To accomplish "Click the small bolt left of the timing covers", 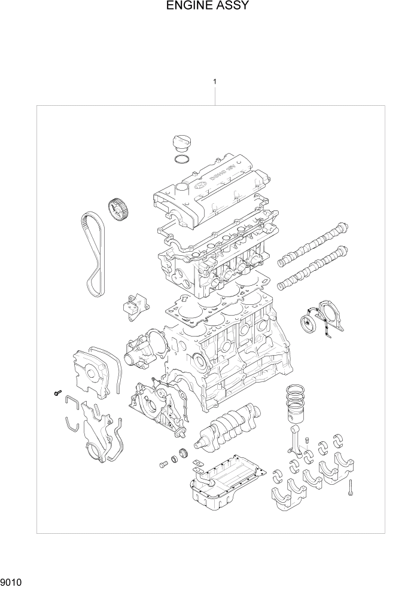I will [x=57, y=393].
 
